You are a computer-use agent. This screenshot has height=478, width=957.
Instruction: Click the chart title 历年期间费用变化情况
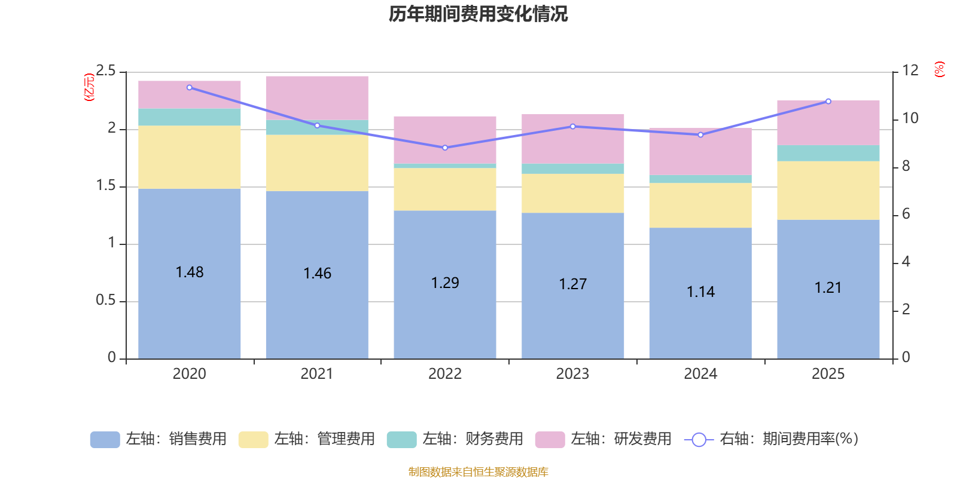click(478, 14)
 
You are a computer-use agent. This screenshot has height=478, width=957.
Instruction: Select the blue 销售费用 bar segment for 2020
click(190, 311)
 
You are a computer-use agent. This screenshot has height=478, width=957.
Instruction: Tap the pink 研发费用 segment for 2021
click(317, 98)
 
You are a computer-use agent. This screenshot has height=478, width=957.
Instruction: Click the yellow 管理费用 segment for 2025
click(828, 191)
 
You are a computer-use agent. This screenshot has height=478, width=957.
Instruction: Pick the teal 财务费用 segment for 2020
click(190, 117)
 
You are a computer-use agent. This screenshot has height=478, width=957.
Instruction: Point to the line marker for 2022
click(445, 148)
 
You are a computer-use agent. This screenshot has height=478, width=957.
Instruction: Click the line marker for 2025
click(828, 101)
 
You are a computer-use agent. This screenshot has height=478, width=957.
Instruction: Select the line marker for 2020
click(190, 87)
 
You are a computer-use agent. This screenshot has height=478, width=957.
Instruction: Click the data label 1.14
click(700, 292)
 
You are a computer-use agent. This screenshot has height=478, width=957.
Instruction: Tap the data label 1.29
click(445, 283)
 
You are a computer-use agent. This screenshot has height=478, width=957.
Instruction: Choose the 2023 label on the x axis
click(572, 374)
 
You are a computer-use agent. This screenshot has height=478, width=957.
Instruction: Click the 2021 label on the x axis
click(317, 374)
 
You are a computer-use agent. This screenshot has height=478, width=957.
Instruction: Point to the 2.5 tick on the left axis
click(106, 71)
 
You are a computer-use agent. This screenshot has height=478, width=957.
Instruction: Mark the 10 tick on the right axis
click(910, 118)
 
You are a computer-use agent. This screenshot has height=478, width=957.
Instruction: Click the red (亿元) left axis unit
click(89, 87)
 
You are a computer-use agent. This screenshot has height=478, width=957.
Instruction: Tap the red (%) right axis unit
click(940, 69)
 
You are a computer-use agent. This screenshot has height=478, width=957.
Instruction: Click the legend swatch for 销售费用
click(105, 440)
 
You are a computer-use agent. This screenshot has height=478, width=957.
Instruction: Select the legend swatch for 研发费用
click(550, 440)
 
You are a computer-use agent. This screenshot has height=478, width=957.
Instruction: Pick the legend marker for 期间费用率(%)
click(699, 440)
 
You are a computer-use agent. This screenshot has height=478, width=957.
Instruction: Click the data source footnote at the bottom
click(478, 472)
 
